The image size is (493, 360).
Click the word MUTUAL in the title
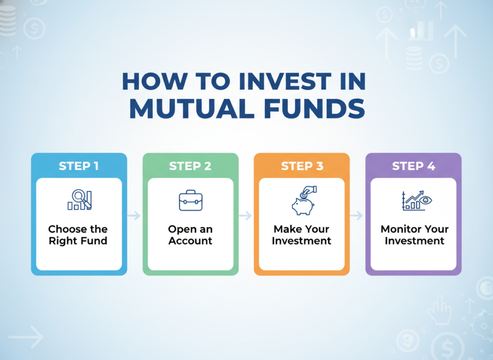(x=192, y=109)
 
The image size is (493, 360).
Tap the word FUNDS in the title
(x=314, y=109)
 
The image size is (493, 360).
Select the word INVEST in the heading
(x=285, y=81)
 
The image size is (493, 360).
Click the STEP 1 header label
(x=79, y=166)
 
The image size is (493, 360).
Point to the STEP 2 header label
(x=190, y=166)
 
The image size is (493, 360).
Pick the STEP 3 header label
(x=302, y=166)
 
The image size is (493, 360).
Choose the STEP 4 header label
(x=414, y=166)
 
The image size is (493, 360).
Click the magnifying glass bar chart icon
(x=79, y=200)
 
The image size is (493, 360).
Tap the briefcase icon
(x=191, y=200)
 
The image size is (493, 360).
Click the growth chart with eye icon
(x=417, y=200)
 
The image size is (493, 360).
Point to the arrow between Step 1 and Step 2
(x=134, y=215)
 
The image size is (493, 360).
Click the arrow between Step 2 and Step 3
(x=245, y=215)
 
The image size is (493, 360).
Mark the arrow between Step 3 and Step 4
(x=357, y=215)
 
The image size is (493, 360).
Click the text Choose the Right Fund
(x=78, y=235)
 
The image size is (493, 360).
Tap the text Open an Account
(x=190, y=235)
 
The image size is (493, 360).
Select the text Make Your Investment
(x=301, y=235)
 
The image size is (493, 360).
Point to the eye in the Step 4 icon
(x=426, y=200)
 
